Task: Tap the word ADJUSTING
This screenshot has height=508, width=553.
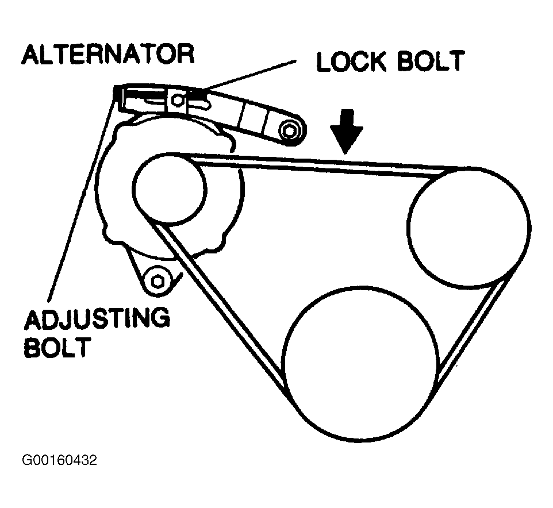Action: [96, 318]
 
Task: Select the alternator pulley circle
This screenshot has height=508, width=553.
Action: [169, 187]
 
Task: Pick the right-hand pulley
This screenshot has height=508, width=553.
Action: [470, 226]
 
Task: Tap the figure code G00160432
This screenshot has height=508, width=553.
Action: [59, 460]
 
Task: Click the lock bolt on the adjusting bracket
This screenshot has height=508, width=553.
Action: [179, 101]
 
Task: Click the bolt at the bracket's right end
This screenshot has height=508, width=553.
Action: [290, 131]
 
